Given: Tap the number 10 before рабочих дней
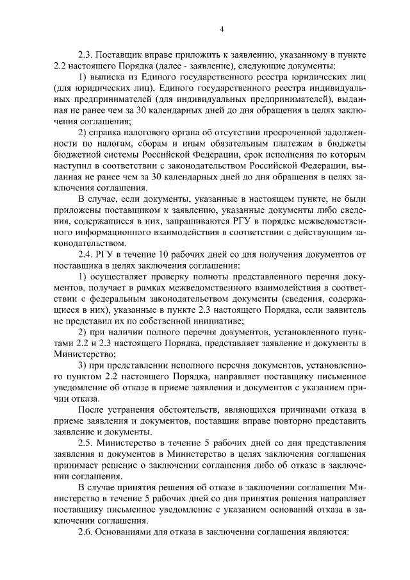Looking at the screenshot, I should [173, 256].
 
